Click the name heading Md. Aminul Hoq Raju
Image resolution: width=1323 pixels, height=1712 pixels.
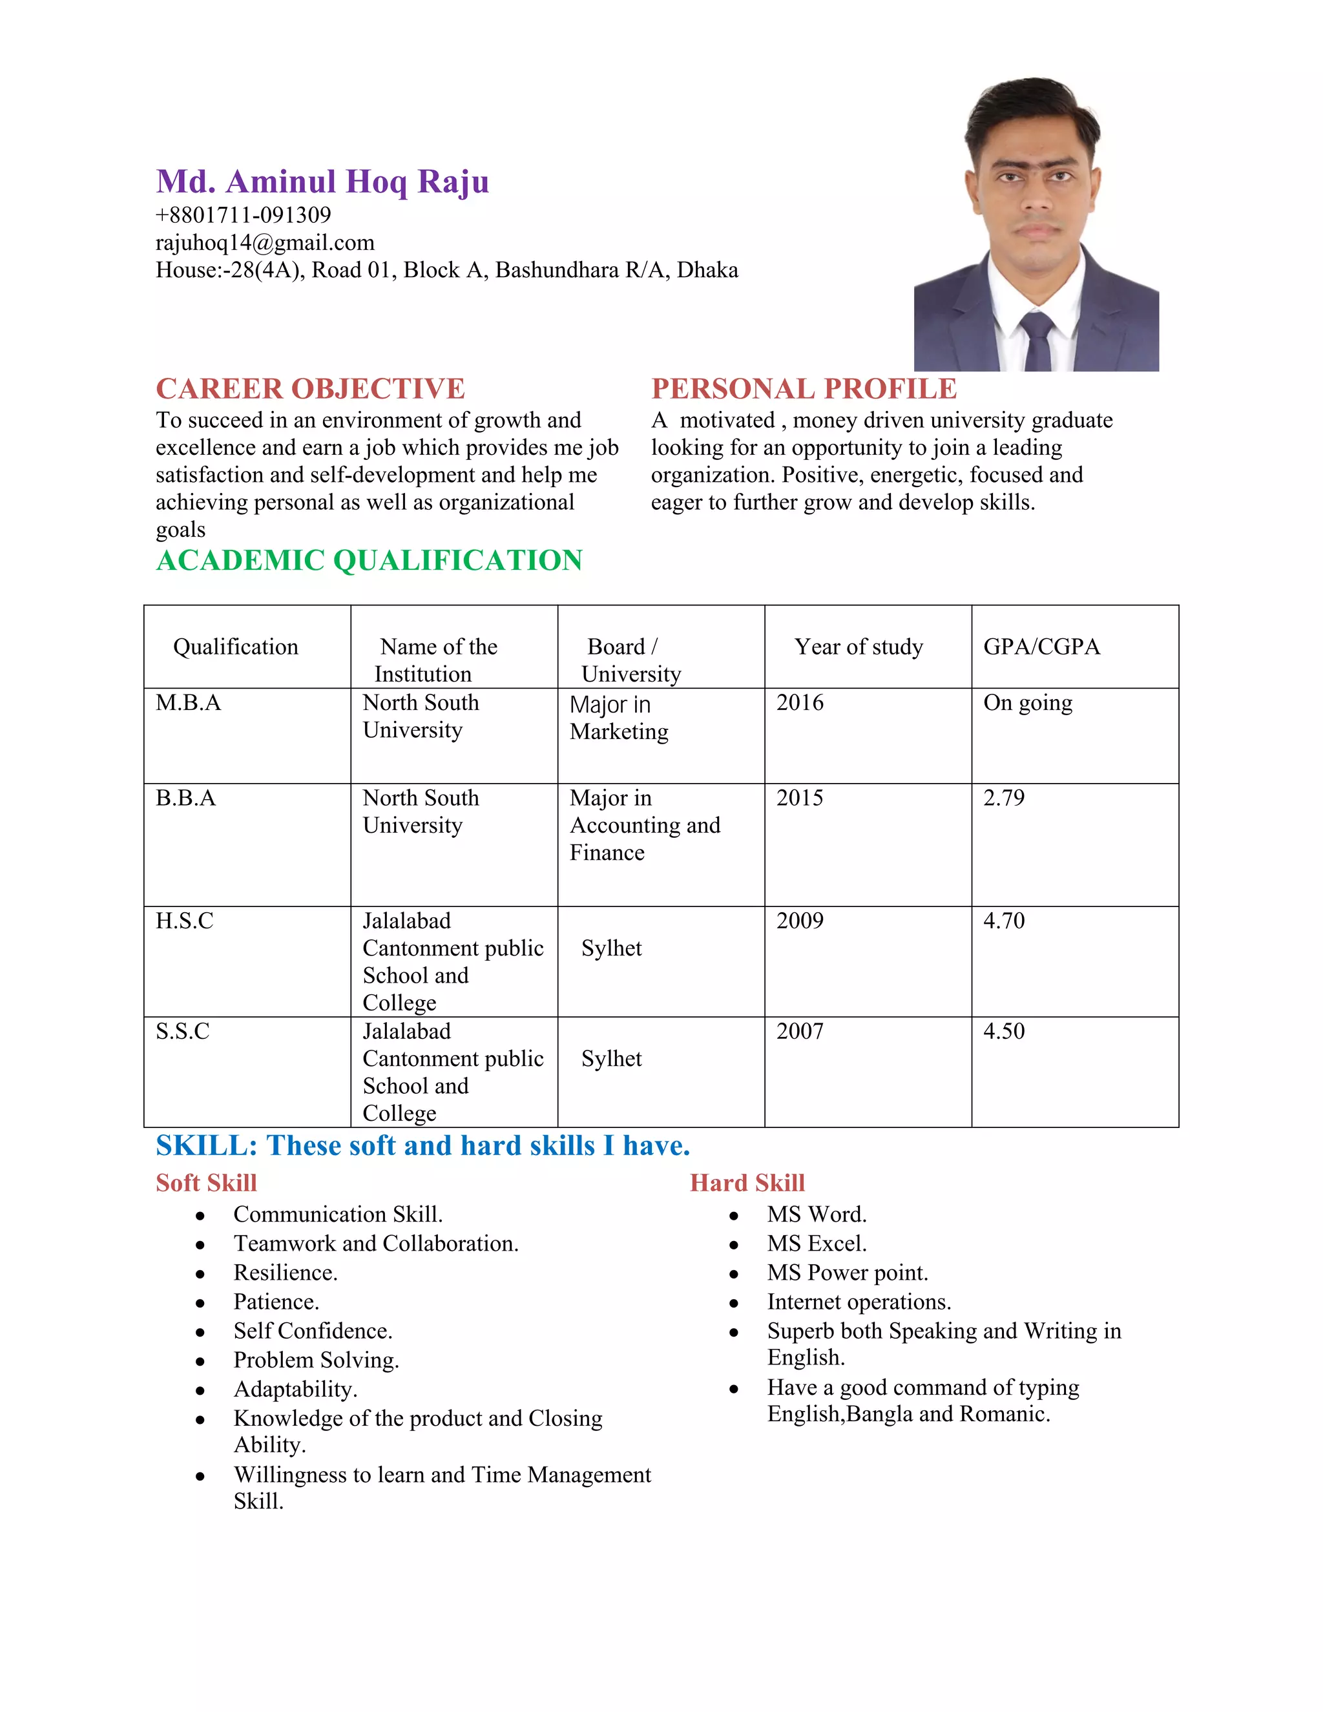coord(322,182)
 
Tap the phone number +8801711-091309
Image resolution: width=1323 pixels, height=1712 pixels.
coord(243,214)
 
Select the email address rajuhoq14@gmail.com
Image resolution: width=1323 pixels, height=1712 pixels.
coord(265,242)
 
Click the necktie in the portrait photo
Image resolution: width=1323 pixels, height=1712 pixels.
coord(1036,342)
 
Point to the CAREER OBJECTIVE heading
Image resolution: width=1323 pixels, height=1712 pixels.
coord(310,389)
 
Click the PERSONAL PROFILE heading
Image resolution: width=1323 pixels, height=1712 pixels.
coord(804,389)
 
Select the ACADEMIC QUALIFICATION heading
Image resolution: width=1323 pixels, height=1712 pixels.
coord(369,561)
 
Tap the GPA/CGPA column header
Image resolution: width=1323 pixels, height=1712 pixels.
coord(1041,647)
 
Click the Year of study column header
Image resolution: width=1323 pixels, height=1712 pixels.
coord(859,647)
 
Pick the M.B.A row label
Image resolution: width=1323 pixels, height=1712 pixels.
coord(188,702)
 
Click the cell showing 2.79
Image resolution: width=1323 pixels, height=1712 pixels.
coord(1003,797)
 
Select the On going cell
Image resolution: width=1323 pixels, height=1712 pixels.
coord(1028,702)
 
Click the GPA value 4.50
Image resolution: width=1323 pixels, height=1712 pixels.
coord(1003,1031)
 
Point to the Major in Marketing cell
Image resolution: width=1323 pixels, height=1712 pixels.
coord(618,718)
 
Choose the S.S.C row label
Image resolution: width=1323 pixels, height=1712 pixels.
coord(183,1031)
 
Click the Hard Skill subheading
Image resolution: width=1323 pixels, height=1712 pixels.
coord(747,1183)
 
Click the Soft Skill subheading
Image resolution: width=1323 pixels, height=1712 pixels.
coord(206,1183)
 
